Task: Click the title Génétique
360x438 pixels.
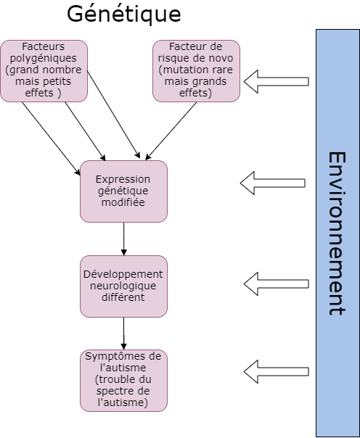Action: click(x=124, y=15)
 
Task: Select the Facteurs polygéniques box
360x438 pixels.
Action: click(x=44, y=71)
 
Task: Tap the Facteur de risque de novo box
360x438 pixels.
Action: click(x=196, y=71)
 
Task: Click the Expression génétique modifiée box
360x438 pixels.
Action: click(x=124, y=191)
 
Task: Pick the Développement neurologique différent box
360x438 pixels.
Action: click(x=124, y=286)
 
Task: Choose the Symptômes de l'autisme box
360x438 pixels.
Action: click(x=124, y=381)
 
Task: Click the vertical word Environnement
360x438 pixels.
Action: click(x=337, y=234)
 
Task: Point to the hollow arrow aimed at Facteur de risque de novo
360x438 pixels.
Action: click(x=276, y=81)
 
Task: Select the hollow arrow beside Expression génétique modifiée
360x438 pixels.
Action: click(x=272, y=183)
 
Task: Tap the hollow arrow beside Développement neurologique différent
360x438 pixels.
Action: click(x=276, y=284)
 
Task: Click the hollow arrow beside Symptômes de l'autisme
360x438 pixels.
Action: click(x=276, y=372)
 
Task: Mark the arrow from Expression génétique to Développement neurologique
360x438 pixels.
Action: click(x=124, y=239)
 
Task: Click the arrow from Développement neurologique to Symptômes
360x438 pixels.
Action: click(x=124, y=334)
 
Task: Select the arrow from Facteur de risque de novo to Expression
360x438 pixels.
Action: click(x=171, y=131)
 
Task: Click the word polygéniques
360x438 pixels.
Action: click(x=44, y=59)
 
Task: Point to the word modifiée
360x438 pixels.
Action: click(x=123, y=202)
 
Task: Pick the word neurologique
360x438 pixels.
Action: click(x=123, y=286)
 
